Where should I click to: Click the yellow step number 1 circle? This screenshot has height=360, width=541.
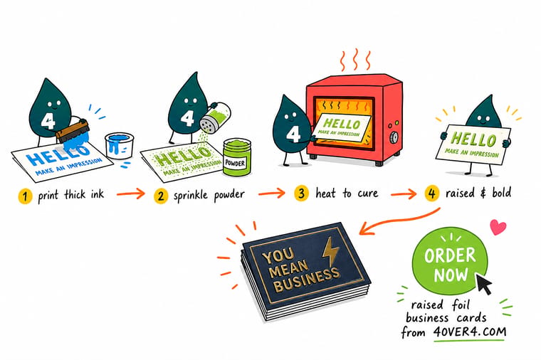[x=25, y=196]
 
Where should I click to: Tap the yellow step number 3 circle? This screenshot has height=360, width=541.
[x=301, y=193]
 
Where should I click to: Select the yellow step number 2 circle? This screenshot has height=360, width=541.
[x=161, y=196]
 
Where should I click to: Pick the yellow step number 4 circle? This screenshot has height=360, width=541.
[x=431, y=194]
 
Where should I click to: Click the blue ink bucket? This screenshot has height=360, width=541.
[x=119, y=146]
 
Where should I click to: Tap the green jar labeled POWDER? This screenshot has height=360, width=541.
[x=236, y=157]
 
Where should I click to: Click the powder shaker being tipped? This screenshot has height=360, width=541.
[x=214, y=117]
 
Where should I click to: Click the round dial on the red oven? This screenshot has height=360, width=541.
[x=394, y=138]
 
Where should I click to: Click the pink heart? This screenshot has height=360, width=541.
[x=498, y=227]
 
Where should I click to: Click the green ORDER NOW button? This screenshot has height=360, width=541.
[x=450, y=261]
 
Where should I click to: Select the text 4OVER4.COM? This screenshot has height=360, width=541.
[x=470, y=332]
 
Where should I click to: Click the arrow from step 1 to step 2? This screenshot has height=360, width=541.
[x=131, y=194]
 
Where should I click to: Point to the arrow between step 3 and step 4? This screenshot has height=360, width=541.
[x=404, y=194]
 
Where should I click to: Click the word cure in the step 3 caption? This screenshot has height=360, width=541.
[x=368, y=193]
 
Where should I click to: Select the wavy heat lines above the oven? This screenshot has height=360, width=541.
[x=355, y=60]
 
